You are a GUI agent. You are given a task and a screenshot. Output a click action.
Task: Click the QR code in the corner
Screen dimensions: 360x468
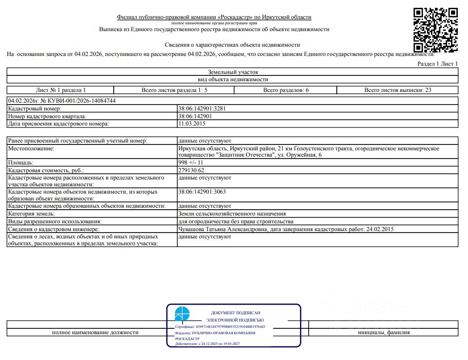(435, 29)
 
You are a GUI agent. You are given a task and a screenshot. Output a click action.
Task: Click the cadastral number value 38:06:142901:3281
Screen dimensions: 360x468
(202, 108)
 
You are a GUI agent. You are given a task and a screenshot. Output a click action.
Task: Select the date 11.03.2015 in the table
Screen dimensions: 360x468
(193, 124)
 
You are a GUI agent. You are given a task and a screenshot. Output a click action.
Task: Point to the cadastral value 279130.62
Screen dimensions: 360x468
(191, 170)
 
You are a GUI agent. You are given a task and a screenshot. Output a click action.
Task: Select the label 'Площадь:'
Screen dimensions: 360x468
(21, 162)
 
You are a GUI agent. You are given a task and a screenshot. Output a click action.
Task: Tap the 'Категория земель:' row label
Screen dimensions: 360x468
(32, 214)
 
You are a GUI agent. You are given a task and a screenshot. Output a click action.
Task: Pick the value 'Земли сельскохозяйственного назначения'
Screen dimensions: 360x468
(232, 214)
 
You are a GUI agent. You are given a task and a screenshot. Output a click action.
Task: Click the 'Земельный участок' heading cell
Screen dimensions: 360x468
(233, 72)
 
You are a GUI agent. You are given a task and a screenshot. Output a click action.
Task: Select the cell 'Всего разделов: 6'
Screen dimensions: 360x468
(286, 90)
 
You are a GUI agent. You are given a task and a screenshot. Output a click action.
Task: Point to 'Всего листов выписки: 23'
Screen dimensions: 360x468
(398, 90)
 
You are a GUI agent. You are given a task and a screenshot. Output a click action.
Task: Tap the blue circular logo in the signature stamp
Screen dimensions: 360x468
(183, 314)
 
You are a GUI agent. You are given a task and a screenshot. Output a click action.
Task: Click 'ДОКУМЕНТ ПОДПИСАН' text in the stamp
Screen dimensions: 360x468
(236, 312)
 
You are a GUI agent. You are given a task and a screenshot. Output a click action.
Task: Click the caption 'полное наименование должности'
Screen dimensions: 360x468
(95, 333)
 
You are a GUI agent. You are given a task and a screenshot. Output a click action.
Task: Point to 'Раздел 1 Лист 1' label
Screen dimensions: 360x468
(437, 64)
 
